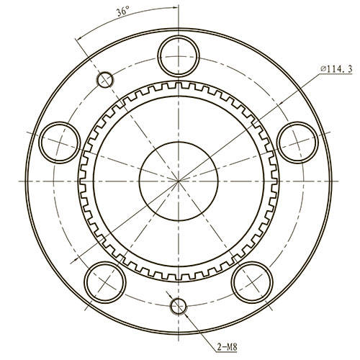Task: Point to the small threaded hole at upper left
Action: pos(106,78)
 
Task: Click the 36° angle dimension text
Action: pos(123,12)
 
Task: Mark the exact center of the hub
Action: pos(177,178)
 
